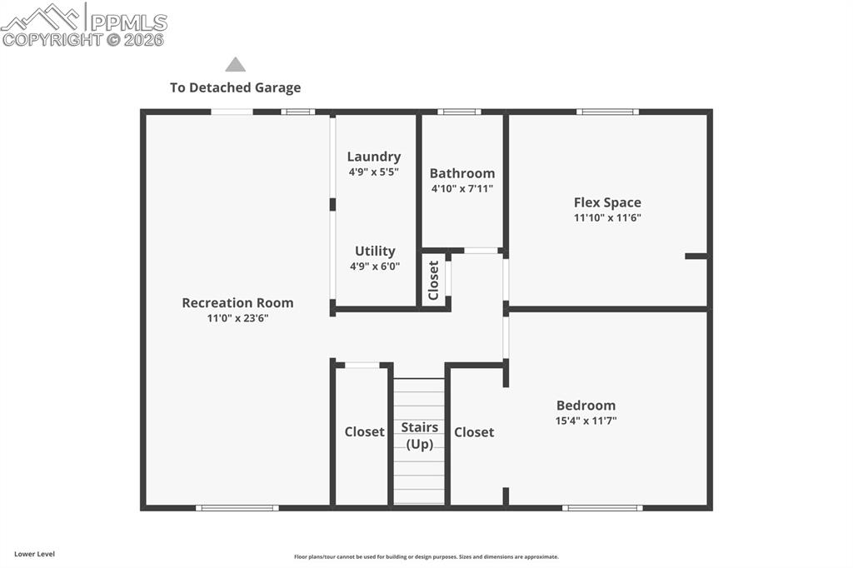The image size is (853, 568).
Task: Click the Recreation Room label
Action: tap(237, 302)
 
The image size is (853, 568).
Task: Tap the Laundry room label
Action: tap(374, 157)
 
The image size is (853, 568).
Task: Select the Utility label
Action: tap(375, 251)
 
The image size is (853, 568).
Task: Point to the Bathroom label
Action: tap(462, 173)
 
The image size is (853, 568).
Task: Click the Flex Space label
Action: tap(607, 202)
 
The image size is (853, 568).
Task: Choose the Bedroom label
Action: tap(586, 405)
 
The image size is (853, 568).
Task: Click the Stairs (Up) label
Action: tap(419, 436)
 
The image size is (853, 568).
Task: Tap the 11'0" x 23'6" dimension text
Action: tap(237, 318)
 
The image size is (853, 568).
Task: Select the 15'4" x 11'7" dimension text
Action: tap(586, 421)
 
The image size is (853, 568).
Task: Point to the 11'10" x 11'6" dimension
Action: tap(607, 218)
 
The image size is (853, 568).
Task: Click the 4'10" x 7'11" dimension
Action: tap(462, 189)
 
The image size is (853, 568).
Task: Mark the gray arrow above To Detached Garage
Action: tap(236, 64)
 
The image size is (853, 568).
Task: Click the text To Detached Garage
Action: tap(236, 87)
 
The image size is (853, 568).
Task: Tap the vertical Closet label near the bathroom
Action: tap(433, 280)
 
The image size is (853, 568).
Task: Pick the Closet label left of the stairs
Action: tap(365, 431)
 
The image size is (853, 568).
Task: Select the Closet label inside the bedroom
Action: tap(474, 431)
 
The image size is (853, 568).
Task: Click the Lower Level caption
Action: tap(34, 554)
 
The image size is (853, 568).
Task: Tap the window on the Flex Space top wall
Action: tap(607, 112)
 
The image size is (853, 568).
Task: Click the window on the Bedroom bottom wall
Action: tap(602, 507)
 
